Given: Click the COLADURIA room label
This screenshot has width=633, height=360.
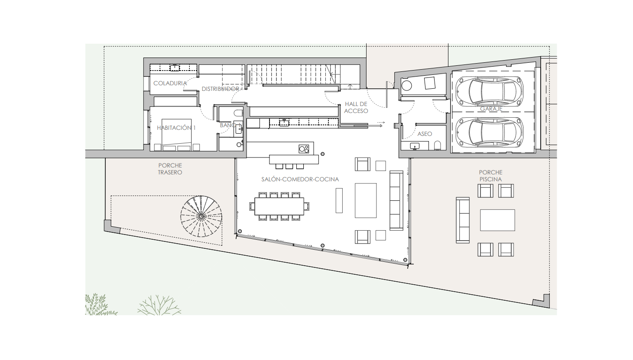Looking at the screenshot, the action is [x=170, y=83].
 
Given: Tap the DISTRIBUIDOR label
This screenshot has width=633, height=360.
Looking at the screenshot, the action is [x=221, y=89].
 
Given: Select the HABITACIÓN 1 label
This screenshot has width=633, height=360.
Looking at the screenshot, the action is [x=176, y=128].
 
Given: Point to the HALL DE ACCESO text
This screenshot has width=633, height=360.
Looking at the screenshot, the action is [x=356, y=107].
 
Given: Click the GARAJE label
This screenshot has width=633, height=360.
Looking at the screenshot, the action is [x=491, y=109].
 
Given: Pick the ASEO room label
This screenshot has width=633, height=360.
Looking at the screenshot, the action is [x=425, y=134].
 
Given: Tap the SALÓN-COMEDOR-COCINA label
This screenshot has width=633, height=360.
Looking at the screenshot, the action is [x=300, y=179].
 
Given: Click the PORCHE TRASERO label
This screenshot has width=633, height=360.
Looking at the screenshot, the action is [x=170, y=169].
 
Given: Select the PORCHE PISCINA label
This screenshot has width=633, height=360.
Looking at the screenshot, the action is [x=490, y=176].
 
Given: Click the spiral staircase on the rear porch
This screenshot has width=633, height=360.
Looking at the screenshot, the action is [x=201, y=216].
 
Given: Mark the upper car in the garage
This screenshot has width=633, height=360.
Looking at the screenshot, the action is [x=490, y=91].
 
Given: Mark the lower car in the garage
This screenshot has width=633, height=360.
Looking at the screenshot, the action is [x=490, y=132].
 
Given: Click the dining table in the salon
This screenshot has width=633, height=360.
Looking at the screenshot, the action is [x=279, y=206].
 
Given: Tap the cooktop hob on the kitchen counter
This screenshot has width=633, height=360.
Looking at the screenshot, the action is [x=304, y=149].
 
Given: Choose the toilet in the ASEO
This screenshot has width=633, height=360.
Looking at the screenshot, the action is [x=438, y=145].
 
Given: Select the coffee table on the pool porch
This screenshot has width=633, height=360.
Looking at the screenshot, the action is [x=497, y=220].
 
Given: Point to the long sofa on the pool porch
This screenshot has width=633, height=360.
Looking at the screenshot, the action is [x=463, y=220].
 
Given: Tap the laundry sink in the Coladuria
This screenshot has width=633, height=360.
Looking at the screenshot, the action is [x=175, y=67].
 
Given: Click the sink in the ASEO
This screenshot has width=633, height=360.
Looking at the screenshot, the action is [x=415, y=146].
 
